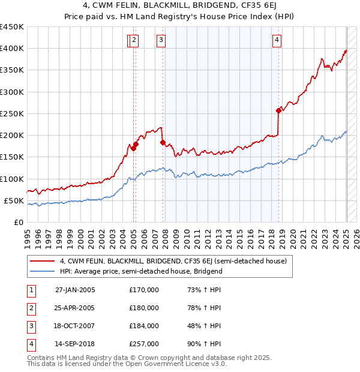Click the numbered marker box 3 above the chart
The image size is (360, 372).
coord(161,40)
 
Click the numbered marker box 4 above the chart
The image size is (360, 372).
coord(277,40)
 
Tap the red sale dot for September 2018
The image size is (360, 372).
coord(278,110)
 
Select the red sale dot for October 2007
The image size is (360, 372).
coord(163,142)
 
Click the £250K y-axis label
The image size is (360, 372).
coord(12,113)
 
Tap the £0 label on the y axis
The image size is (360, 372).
coord(17,222)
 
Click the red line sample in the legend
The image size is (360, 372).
coord(41,261)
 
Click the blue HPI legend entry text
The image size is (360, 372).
coord(141,271)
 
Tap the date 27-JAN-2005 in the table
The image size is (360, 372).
coord(75,290)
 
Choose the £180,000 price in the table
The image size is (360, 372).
coord(144,308)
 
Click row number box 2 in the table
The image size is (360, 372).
coord(31,308)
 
